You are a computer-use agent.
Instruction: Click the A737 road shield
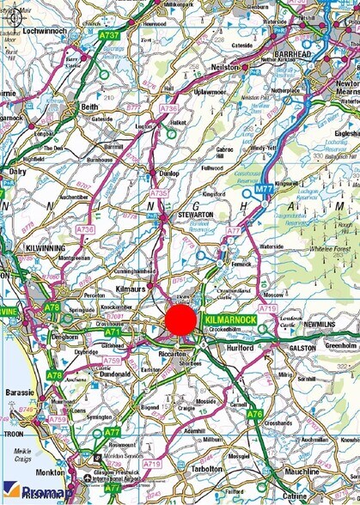click(x=108, y=36)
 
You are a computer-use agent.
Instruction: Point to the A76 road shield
click(x=254, y=414)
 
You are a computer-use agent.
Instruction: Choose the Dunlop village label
click(x=168, y=173)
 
